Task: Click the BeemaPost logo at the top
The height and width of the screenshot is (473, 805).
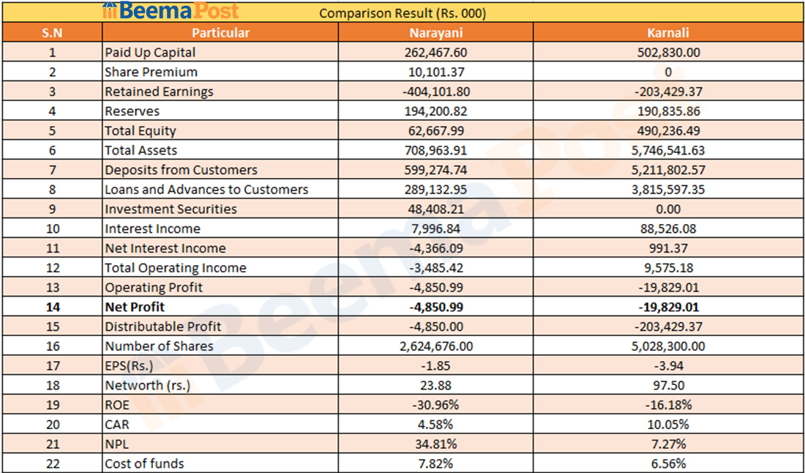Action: tap(170, 11)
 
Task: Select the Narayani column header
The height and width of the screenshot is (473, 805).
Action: tap(435, 32)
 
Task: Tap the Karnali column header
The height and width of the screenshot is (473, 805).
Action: tap(668, 32)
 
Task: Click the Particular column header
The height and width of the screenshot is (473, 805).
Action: tap(220, 32)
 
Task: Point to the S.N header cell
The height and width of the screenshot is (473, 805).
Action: tap(52, 32)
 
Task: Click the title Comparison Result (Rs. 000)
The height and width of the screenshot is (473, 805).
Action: tap(402, 13)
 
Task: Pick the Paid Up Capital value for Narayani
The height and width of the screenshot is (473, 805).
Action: tap(435, 53)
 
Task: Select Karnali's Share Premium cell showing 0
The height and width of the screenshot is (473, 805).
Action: tap(668, 72)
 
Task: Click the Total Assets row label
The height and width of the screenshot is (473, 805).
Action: tap(141, 150)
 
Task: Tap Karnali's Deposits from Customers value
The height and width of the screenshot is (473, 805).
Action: tap(668, 170)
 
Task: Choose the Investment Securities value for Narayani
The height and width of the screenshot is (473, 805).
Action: tap(435, 209)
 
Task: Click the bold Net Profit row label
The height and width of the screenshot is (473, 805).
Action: tap(135, 307)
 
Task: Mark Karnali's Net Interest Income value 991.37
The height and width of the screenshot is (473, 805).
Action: tap(668, 248)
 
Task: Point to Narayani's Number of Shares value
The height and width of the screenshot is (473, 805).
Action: tap(435, 346)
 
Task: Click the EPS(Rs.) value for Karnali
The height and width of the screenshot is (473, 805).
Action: tap(668, 365)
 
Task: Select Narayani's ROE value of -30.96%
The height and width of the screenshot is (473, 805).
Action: tap(435, 405)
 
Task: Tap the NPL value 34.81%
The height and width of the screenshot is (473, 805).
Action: tap(435, 444)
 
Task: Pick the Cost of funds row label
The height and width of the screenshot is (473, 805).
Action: tap(144, 463)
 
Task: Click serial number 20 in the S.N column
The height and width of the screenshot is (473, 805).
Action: tap(52, 425)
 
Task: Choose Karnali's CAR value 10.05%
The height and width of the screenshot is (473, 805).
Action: tap(668, 425)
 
